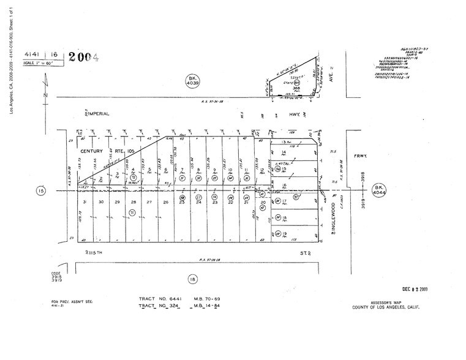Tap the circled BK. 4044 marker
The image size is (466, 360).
[380, 189]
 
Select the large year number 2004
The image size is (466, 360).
[83, 58]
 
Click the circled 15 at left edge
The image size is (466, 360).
[41, 191]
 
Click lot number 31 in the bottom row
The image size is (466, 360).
[86, 201]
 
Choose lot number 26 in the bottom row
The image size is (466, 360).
[165, 201]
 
